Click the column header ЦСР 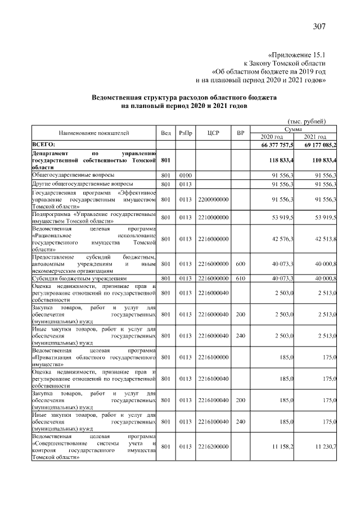[213, 133]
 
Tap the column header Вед [165, 133]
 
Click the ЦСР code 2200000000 [213, 199]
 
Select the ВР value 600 [240, 262]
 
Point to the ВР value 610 [240, 278]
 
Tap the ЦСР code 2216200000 [213, 447]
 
